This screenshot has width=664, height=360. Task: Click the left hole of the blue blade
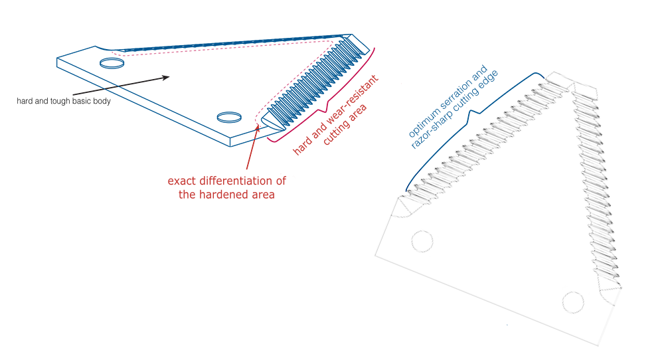click(x=110, y=63)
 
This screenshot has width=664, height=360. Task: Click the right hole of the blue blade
click(x=228, y=118)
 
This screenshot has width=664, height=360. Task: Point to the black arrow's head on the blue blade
click(x=166, y=77)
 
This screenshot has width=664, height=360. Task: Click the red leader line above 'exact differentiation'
click(x=248, y=149)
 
